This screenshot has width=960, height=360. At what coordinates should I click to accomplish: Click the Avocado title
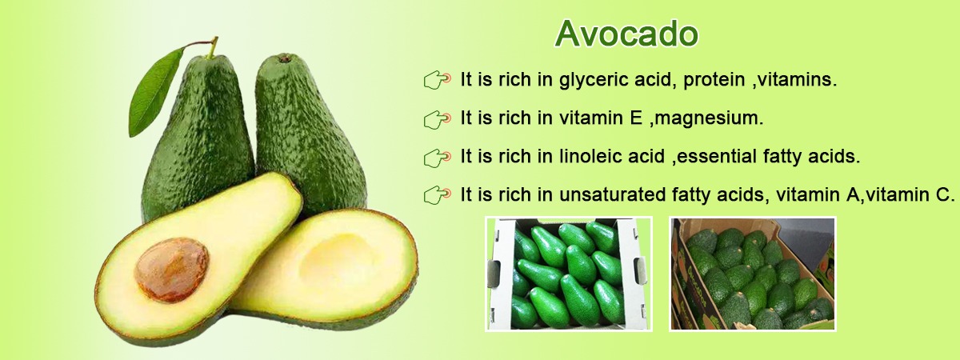(x=626, y=34)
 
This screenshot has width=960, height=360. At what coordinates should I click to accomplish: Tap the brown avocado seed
(x=172, y=269)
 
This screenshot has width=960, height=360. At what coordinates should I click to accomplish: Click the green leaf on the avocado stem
(x=155, y=92)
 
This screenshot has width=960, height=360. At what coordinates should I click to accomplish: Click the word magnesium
(x=709, y=118)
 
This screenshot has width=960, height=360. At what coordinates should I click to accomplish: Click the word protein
(x=714, y=80)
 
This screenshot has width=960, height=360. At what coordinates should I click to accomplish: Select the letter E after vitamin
(x=636, y=118)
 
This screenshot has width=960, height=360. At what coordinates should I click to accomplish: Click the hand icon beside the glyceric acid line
(x=437, y=80)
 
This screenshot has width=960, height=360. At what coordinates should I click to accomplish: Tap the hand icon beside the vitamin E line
(x=437, y=118)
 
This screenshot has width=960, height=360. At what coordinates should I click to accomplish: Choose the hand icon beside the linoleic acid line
(x=437, y=158)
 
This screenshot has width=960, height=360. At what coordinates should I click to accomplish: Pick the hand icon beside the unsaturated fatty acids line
(x=437, y=195)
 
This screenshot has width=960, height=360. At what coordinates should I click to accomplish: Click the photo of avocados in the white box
(x=568, y=274)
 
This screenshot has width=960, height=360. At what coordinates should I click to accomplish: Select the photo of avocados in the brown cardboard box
(x=753, y=274)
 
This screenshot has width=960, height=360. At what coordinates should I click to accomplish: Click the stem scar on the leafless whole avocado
(x=285, y=58)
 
